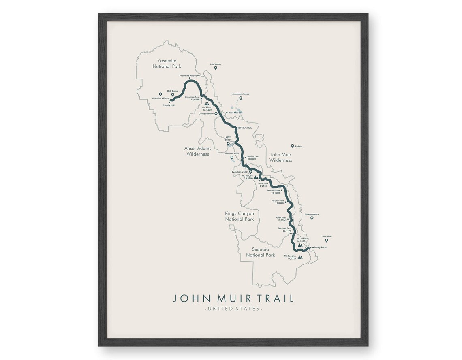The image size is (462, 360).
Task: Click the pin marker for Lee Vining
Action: click(216, 68)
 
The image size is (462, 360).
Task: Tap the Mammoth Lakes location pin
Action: click(240, 98)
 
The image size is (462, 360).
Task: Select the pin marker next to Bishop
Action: click(292, 146)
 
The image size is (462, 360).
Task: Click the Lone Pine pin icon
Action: click(326, 240)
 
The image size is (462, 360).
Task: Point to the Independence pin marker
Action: click(312, 218)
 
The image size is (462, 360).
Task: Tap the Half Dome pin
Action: click(173, 95)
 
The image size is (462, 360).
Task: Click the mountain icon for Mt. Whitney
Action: click(299, 245)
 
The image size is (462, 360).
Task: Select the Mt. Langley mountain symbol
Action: click(300, 257)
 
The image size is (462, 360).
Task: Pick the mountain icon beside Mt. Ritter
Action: click(208, 103)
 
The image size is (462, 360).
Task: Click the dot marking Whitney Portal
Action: click(310, 247)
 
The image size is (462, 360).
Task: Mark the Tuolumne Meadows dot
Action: click(195, 78)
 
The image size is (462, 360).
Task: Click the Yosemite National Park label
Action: click(169, 63)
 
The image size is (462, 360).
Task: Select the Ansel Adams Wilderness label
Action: click(198, 151)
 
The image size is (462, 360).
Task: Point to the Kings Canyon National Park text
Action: click(240, 216)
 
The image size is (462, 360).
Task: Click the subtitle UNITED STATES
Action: click(233, 309)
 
